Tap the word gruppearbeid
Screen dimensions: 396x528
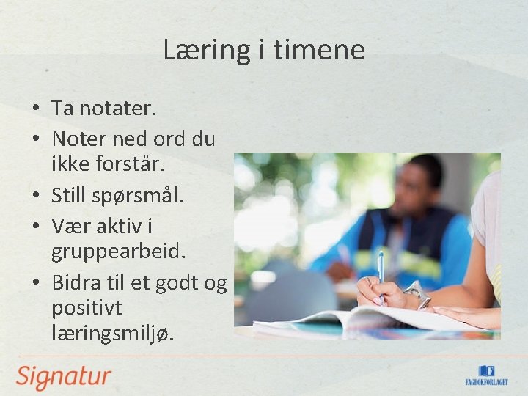click(x=118, y=253)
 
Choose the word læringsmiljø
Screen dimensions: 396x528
click(x=113, y=334)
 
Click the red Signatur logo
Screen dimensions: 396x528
click(x=64, y=377)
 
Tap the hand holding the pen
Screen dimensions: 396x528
click(x=381, y=292)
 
